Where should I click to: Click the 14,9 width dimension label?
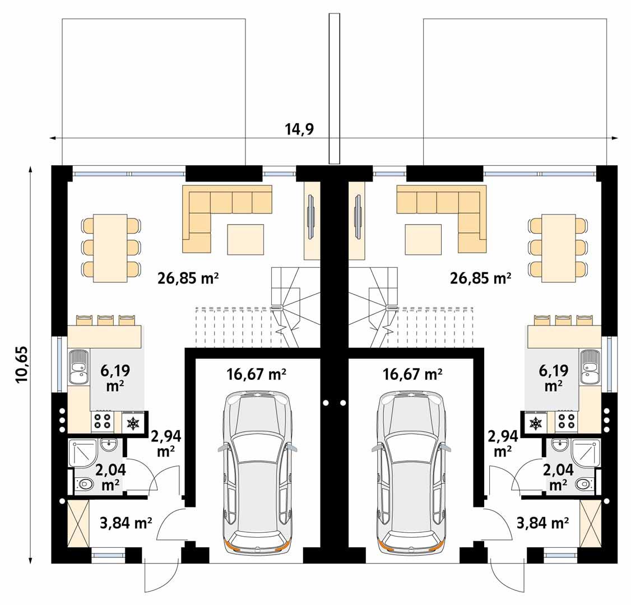tap(299, 129)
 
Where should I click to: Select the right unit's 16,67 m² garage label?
tap(412, 374)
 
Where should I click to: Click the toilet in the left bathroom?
tap(84, 483)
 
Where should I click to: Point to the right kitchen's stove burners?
tap(567, 422)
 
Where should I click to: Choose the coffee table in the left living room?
tap(245, 239)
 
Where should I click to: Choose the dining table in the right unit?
tap(559, 247)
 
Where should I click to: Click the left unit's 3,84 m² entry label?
tap(126, 523)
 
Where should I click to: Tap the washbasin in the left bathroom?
tap(108, 445)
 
